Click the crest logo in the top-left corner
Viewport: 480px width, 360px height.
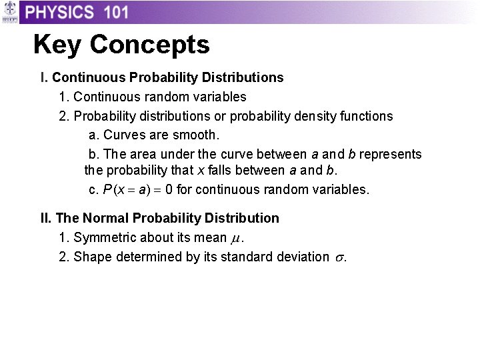click(x=9, y=12)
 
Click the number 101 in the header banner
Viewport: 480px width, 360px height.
click(x=112, y=12)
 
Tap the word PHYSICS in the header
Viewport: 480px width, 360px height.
click(x=59, y=12)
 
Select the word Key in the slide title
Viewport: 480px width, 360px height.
click(x=57, y=45)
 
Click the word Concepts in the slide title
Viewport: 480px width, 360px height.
click(x=149, y=45)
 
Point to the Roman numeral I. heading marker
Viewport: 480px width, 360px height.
click(x=44, y=77)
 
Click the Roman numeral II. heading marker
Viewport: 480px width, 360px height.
click(x=46, y=218)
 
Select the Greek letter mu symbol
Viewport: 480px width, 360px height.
click(x=235, y=239)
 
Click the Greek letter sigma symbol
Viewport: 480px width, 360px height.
click(x=338, y=257)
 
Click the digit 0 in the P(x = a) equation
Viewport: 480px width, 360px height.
click(x=169, y=189)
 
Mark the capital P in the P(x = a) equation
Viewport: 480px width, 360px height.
click(x=107, y=189)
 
